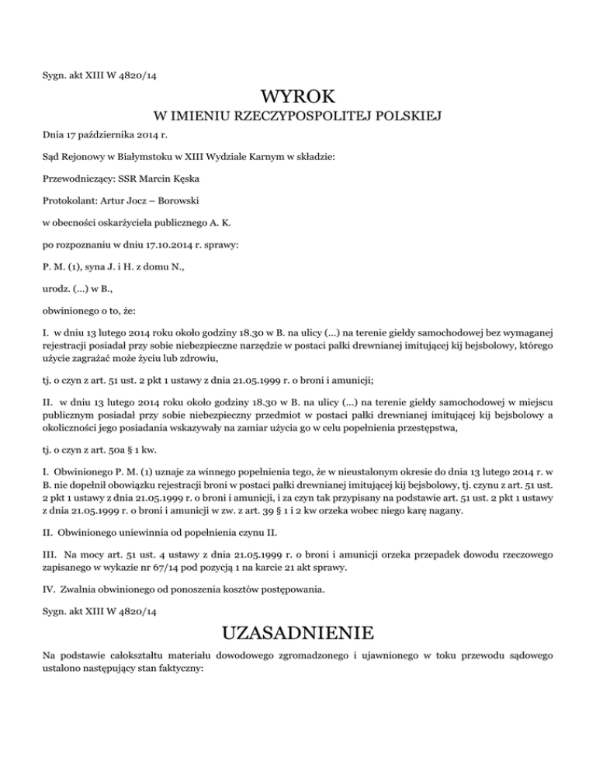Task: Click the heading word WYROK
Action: click(298, 97)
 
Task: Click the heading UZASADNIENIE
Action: click(298, 628)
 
